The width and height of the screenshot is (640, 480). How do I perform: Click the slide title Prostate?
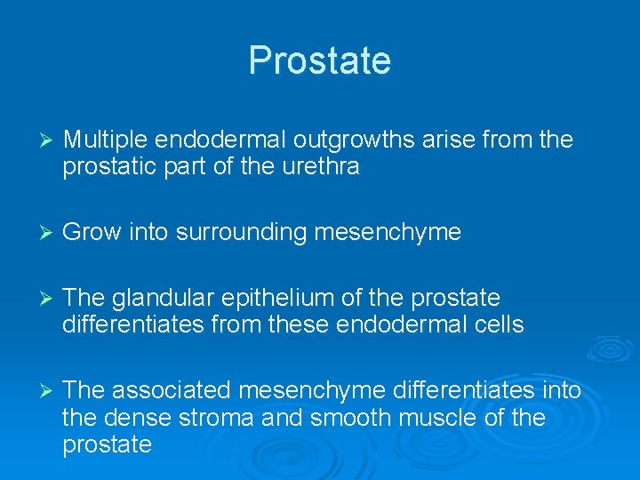[319, 60]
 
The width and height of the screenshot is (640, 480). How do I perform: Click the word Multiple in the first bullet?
[106, 140]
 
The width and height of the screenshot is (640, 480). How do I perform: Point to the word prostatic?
[106, 166]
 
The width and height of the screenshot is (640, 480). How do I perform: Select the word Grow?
[85, 233]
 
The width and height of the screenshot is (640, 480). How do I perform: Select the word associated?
[173, 390]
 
